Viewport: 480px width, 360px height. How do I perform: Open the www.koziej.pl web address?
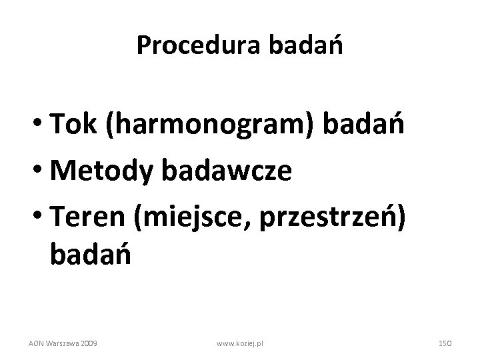point(241,343)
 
